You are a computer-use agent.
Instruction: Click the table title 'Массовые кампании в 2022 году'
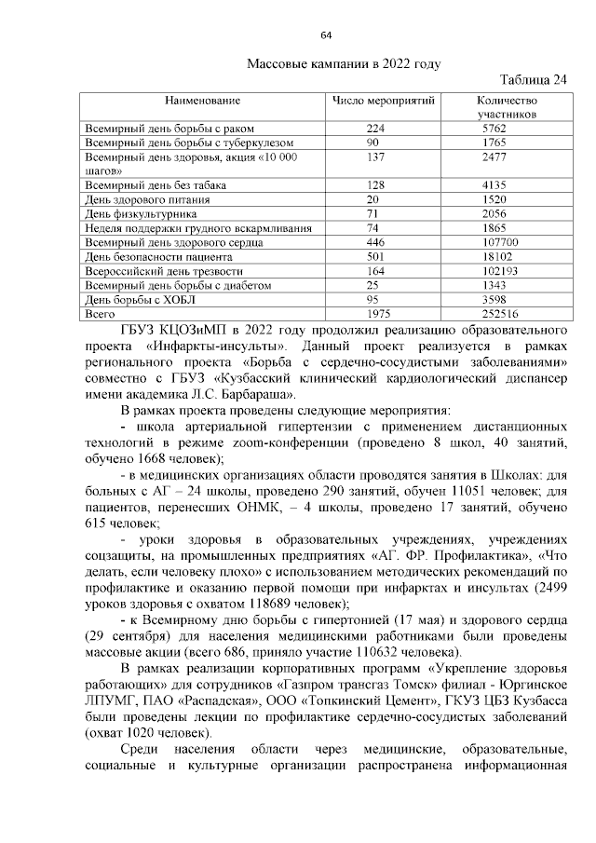pos(344,63)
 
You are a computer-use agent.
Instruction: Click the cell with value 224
pos(375,128)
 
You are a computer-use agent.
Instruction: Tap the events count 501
pos(375,256)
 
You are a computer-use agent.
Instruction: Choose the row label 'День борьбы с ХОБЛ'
pos(140,300)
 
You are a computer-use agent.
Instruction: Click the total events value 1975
pos(377,315)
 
